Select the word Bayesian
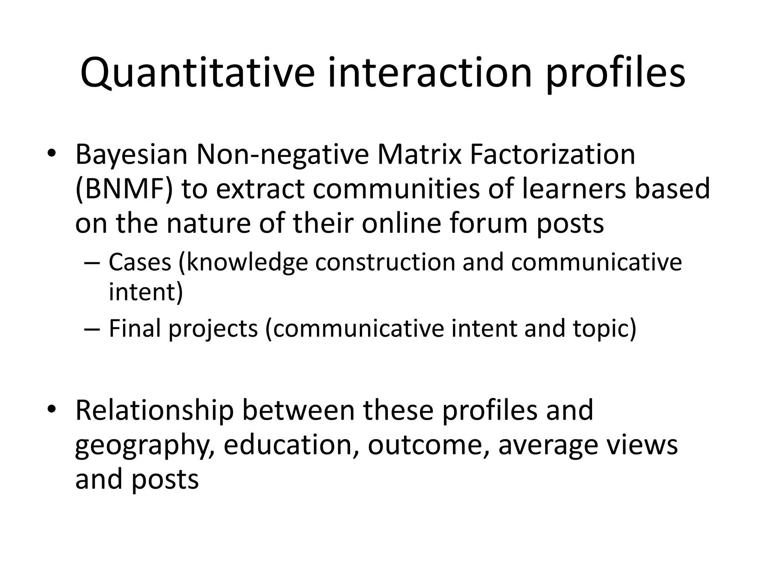(131, 155)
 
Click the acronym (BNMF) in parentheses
(124, 189)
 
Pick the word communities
(396, 189)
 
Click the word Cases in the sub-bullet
(140, 262)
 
